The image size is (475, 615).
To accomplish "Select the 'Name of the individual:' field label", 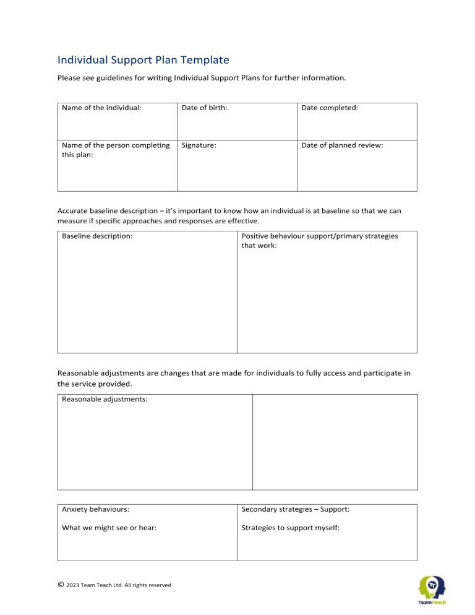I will click(102, 107).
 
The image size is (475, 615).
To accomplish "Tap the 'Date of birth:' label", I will click(204, 107).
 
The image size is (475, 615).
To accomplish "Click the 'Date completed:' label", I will click(330, 107).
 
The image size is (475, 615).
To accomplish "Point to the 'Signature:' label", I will click(199, 145).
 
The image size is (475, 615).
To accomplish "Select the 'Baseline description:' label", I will click(97, 236).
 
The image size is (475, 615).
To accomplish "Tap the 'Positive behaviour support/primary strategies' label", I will click(319, 236).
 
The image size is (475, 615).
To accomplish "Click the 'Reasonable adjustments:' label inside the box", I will click(105, 399).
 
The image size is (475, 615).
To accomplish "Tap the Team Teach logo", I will click(433, 590).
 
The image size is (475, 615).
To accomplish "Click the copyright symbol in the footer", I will click(61, 585).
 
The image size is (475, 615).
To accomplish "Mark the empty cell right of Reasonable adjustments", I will click(335, 442).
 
